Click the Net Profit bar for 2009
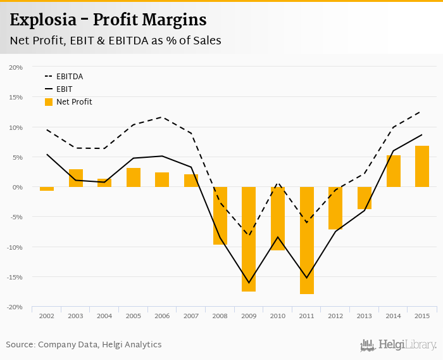tap(249, 239)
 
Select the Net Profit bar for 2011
tap(306, 240)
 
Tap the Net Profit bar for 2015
tap(422, 166)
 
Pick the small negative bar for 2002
tap(47, 189)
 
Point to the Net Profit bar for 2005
tap(134, 177)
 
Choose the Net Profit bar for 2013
tap(365, 198)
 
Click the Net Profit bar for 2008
tap(220, 215)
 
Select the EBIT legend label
tap(64, 89)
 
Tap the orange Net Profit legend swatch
tap(49, 102)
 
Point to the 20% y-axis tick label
tap(16, 67)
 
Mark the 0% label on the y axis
tap(17, 187)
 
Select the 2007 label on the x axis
tap(191, 316)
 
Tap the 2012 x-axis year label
tap(335, 316)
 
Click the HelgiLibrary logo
tap(398, 345)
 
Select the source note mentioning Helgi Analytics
tap(84, 345)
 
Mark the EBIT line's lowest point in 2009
tap(249, 283)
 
